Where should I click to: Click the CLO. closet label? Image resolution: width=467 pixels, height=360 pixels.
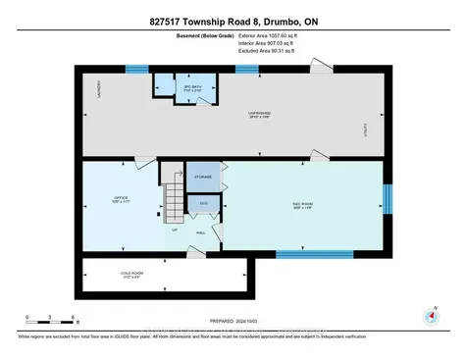[x=203, y=203]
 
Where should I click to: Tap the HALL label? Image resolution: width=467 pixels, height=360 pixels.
[x=200, y=232]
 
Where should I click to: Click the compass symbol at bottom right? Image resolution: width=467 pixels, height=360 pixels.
[x=430, y=316]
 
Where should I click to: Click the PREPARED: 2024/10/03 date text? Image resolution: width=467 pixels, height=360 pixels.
[x=233, y=318]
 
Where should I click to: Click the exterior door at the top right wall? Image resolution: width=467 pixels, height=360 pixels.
[x=319, y=65]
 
